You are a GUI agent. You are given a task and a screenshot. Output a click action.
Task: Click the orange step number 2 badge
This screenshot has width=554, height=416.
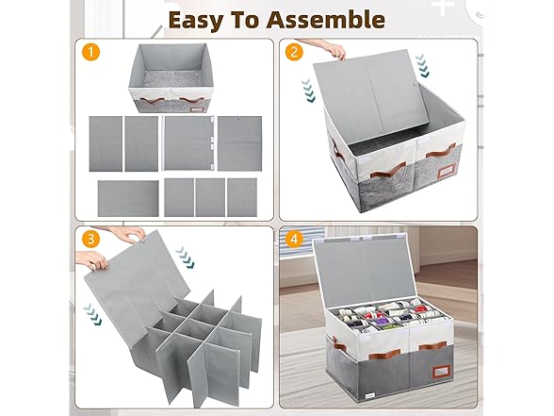click(x=294, y=52)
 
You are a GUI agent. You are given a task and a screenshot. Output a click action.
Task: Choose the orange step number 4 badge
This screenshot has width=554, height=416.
click(x=294, y=239)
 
